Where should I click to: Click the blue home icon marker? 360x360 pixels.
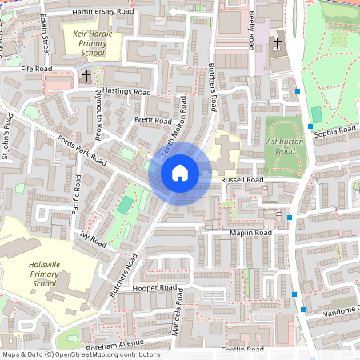point(180,173)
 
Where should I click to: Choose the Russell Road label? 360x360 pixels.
point(242,180)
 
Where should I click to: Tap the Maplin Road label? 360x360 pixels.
point(251,233)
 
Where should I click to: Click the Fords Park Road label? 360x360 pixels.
point(82,150)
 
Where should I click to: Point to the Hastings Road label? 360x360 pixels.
point(126,92)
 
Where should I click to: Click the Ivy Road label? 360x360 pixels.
point(93,238)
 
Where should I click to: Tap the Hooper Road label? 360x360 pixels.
point(155,286)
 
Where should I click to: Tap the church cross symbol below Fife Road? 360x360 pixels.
point(86,76)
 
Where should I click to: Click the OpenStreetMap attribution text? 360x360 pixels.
point(81,354)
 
